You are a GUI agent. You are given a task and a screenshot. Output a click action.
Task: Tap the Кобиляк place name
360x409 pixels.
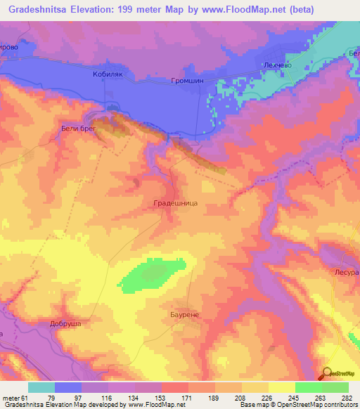108,73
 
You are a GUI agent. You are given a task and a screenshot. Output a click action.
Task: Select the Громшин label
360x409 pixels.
187,81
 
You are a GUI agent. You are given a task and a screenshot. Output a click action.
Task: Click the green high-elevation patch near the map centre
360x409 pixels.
150,275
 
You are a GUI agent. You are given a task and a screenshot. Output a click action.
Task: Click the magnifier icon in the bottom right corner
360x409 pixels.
327,374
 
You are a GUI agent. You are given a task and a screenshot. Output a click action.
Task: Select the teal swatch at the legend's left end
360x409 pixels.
41,387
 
